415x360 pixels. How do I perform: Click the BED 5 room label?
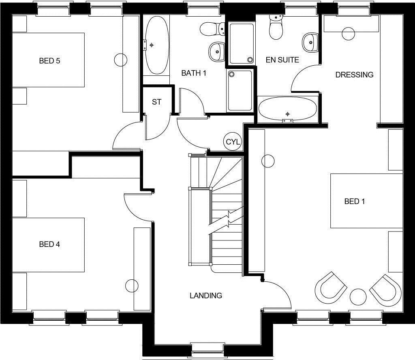pyautogui.click(x=49, y=61)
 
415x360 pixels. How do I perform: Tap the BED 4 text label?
pyautogui.click(x=49, y=244)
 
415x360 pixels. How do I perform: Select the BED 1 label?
pyautogui.click(x=355, y=201)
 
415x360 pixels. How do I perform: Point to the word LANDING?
pyautogui.click(x=206, y=296)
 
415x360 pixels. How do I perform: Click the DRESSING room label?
pyautogui.click(x=354, y=75)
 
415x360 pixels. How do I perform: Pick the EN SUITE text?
pyautogui.click(x=282, y=60)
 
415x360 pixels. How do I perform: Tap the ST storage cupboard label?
pyautogui.click(x=156, y=102)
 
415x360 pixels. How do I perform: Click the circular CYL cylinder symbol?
pyautogui.click(x=233, y=142)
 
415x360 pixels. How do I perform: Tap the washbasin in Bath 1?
pyautogui.click(x=217, y=51)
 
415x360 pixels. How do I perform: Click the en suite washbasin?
pyautogui.click(x=310, y=41)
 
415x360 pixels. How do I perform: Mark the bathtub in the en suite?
pyautogui.click(x=287, y=109)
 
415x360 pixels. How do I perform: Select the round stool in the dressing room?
pyautogui.click(x=348, y=34)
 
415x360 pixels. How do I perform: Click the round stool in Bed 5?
pyautogui.click(x=121, y=60)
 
